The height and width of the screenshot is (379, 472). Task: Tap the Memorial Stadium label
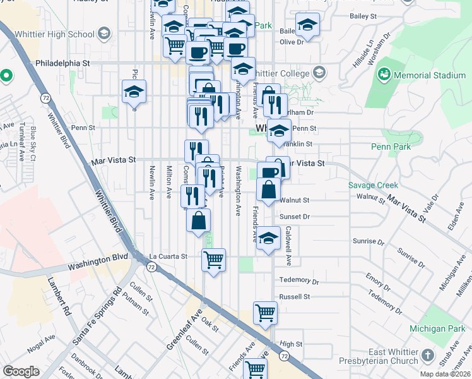coord(430,75)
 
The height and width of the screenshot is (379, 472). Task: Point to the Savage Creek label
coord(374,185)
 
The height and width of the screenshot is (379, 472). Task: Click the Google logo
coord(21,371)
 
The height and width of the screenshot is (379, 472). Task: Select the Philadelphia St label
coord(63,63)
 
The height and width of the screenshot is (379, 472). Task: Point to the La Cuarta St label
coord(168,256)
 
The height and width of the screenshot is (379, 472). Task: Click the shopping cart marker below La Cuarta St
coord(214,259)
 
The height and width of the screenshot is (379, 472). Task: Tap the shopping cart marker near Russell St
coord(265,312)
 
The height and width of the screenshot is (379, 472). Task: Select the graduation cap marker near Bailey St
coord(307,25)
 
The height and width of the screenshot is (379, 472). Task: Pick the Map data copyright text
coord(445,374)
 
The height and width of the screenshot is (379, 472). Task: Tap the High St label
coord(292,344)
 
